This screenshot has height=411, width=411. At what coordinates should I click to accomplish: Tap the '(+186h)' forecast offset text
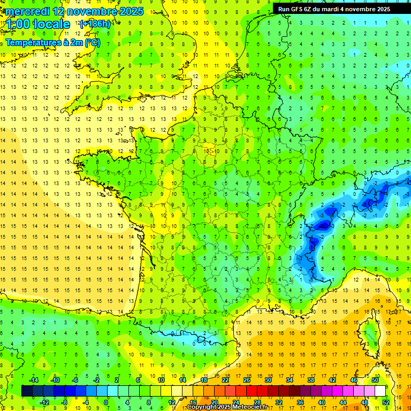[x=95, y=24]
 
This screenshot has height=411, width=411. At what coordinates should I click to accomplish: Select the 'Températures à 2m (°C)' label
[x=53, y=42]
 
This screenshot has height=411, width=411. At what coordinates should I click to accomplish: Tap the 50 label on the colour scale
[x=375, y=379]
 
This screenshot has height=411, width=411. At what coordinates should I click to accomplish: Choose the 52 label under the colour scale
[x=385, y=402]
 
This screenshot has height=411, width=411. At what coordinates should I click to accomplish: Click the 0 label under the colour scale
[x=106, y=402]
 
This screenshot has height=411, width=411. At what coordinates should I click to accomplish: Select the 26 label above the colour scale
[x=247, y=379]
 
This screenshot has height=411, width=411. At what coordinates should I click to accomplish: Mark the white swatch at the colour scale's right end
[x=380, y=391]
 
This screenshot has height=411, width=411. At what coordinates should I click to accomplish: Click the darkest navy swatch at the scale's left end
[x=27, y=391]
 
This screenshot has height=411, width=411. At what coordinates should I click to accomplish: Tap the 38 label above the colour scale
[x=311, y=379]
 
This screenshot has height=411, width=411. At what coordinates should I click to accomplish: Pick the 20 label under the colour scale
[x=214, y=402]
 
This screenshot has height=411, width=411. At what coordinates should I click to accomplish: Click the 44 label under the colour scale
[x=342, y=402]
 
